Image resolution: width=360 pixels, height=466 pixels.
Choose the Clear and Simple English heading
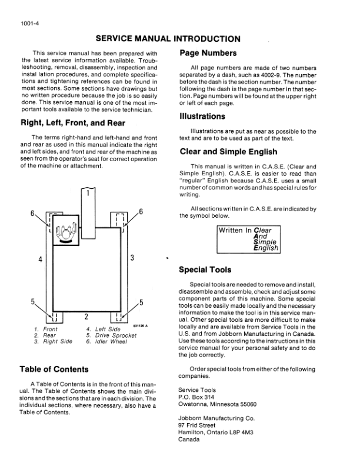click(x=233, y=151)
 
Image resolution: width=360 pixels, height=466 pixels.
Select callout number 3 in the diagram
click(x=132, y=258)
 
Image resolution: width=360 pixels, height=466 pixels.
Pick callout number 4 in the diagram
click(x=40, y=258)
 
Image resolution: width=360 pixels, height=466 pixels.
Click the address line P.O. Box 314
click(x=195, y=397)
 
